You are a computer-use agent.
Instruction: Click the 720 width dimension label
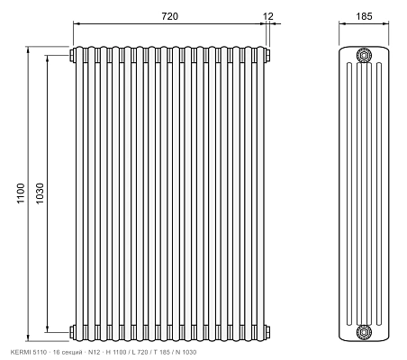[x=170, y=16]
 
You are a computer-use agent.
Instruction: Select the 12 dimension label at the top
[x=268, y=16]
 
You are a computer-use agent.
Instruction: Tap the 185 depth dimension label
[x=364, y=16]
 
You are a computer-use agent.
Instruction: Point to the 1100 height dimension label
[x=21, y=193]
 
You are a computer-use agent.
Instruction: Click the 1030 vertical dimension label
[x=40, y=193]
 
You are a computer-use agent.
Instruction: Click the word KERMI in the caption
[x=18, y=352]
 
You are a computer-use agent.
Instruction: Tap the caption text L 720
[x=140, y=352]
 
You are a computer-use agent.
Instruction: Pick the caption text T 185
[x=162, y=352]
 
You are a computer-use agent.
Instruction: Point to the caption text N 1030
[x=186, y=352]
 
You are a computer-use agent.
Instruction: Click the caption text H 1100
[x=116, y=352]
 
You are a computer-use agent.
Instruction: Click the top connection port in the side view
[x=364, y=56]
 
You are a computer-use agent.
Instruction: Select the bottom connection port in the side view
[x=364, y=332]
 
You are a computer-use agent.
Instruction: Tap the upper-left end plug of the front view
[x=72, y=56]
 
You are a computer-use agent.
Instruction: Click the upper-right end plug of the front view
[x=267, y=56]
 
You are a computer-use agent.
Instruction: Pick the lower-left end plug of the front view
[x=72, y=332]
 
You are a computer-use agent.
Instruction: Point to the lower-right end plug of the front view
[x=267, y=332]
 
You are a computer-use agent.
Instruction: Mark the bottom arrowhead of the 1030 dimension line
[x=47, y=329]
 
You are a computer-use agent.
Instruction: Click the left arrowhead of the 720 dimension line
[x=77, y=23]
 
